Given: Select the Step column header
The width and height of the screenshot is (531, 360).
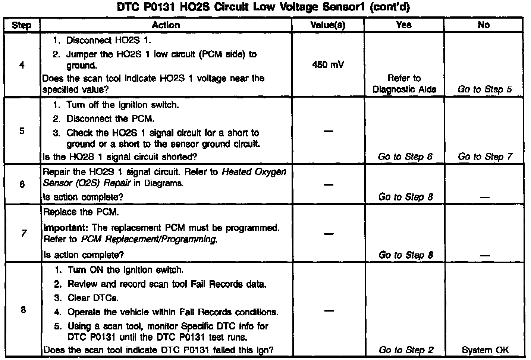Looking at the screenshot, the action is [x=21, y=25].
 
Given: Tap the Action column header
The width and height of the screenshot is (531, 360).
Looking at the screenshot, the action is [x=166, y=25].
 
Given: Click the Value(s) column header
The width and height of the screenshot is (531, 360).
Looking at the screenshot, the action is [x=328, y=25].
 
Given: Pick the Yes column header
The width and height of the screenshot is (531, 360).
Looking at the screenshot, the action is [x=404, y=25].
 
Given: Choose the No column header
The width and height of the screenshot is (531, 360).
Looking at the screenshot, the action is [x=484, y=25].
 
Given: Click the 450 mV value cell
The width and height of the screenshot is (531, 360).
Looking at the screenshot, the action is [x=328, y=65].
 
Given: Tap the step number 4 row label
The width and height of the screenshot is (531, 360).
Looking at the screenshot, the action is [x=22, y=65].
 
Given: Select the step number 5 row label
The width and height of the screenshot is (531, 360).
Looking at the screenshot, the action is [x=22, y=131].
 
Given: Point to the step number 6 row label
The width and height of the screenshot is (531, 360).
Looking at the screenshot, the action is [x=22, y=184].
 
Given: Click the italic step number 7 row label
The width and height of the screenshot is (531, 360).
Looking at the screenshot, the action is [x=23, y=233].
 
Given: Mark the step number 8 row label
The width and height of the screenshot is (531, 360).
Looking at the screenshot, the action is [x=23, y=310].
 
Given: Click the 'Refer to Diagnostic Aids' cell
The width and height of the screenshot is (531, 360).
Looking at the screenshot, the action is [x=404, y=84].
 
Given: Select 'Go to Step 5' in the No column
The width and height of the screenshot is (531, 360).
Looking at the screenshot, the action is [x=484, y=89].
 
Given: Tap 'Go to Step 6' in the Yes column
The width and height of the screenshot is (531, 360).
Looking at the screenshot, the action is [x=405, y=157].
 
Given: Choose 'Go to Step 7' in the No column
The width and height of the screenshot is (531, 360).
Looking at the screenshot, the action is [x=485, y=157].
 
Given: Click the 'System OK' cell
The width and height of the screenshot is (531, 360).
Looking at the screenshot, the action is [x=485, y=350].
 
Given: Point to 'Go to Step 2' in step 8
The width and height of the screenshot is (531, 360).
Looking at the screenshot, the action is [x=406, y=350].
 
